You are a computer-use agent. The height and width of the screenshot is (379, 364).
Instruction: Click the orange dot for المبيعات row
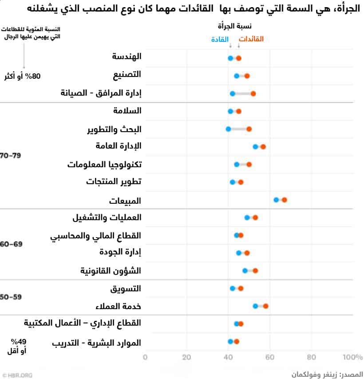pyautogui.click(x=285, y=200)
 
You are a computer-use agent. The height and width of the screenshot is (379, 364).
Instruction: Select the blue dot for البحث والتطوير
pyautogui.click(x=228, y=129)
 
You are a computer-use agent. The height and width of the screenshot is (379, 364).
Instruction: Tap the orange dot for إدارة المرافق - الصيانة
pyautogui.click(x=253, y=93)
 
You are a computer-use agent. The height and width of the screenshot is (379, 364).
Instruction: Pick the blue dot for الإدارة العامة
pyautogui.click(x=255, y=146)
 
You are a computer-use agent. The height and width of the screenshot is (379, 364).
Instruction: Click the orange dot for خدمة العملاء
pyautogui.click(x=265, y=306)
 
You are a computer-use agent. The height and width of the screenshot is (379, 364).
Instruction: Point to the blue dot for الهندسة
pyautogui.click(x=230, y=58)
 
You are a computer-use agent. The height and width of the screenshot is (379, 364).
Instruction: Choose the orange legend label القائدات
pyautogui.click(x=252, y=39)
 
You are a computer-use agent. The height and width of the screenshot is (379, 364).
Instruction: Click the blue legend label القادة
pyautogui.click(x=220, y=39)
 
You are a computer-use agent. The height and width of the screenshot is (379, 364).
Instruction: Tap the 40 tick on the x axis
pyautogui.click(x=228, y=357)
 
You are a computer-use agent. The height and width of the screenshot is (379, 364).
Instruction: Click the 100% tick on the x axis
pyautogui.click(x=352, y=357)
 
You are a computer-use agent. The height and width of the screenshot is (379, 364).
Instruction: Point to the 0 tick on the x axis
pyautogui.click(x=145, y=357)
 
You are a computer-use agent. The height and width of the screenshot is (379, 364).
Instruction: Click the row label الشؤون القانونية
pyautogui.click(x=111, y=270)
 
